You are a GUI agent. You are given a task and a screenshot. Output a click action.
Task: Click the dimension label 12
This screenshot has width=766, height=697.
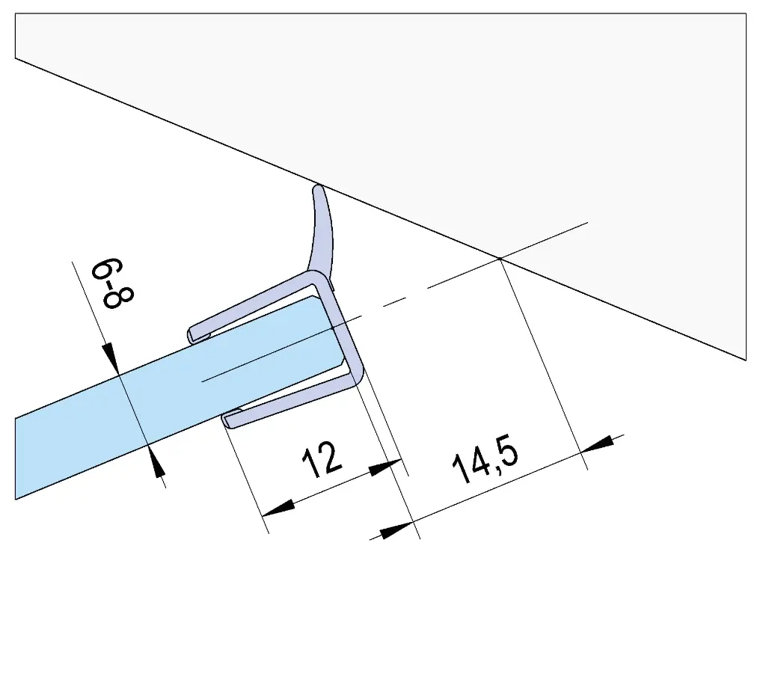click(x=322, y=459)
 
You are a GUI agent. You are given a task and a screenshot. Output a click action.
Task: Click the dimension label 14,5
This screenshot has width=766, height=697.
click(x=485, y=458)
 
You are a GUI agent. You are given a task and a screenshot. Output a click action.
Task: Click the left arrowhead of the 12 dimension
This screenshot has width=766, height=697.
click(x=278, y=508)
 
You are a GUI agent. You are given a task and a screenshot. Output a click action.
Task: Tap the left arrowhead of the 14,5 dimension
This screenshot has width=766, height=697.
click(x=396, y=530)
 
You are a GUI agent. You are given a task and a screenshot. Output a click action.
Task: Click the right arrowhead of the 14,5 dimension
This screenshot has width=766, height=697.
click(x=598, y=443)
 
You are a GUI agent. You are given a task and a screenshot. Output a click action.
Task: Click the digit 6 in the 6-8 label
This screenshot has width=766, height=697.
click(x=106, y=269)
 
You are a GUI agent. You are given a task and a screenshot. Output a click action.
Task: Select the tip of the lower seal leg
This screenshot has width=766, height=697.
click(x=227, y=421)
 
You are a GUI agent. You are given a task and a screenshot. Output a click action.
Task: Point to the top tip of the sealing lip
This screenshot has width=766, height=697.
click(x=318, y=185)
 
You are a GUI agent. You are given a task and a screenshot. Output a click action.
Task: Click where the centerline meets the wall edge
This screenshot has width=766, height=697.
click(x=500, y=258)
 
